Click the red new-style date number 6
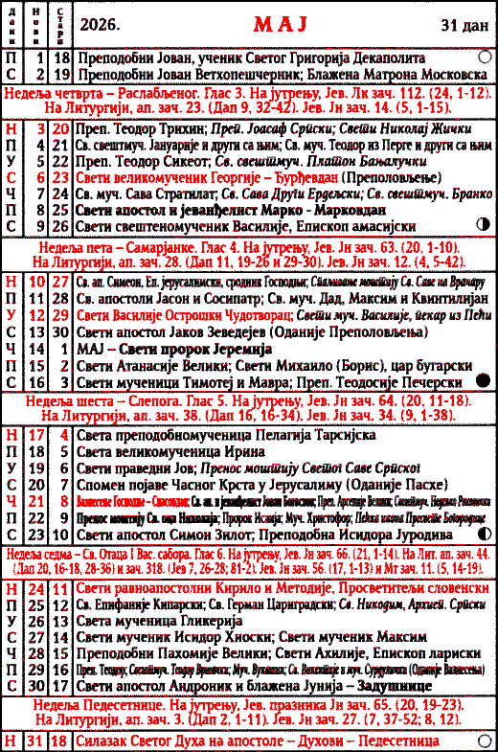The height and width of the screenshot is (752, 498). [x=39, y=176]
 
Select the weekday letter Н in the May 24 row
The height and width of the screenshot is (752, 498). [x=11, y=586]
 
